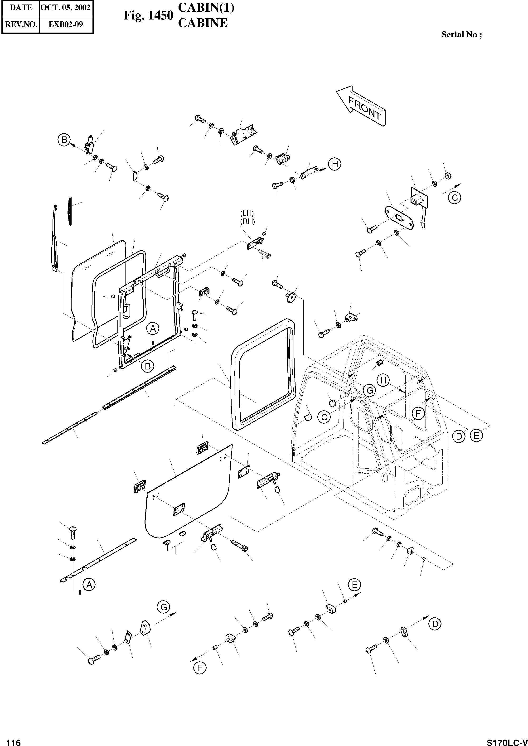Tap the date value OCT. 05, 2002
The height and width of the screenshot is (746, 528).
66,7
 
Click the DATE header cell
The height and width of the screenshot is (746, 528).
21,7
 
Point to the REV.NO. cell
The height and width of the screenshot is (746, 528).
21,24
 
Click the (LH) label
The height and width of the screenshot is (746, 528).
247,213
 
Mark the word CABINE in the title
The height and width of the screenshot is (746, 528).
203,23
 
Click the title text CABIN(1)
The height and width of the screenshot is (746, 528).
206,8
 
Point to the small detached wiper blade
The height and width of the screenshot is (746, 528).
70,210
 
